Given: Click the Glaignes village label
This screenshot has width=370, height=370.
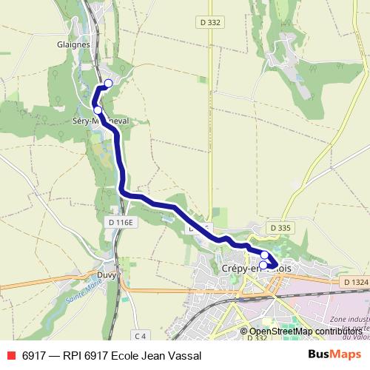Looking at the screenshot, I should tap(73, 44).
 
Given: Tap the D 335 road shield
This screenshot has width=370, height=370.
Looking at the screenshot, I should tap(280, 228).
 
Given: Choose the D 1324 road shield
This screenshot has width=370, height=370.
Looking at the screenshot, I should tap(356, 282).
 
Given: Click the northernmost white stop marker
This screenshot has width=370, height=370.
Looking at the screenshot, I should tap(109, 84).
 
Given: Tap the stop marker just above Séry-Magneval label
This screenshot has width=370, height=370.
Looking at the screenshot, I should tap(98, 110).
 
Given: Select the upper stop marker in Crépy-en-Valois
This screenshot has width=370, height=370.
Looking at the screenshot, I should tap(264, 255).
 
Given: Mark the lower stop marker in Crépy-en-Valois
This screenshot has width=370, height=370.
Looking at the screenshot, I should tap(263, 265).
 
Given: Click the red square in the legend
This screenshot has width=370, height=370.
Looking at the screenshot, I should tap(10, 356).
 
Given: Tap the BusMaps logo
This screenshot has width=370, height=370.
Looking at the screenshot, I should tap(334, 355).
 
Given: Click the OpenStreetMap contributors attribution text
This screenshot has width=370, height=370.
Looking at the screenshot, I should tap(306, 331).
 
